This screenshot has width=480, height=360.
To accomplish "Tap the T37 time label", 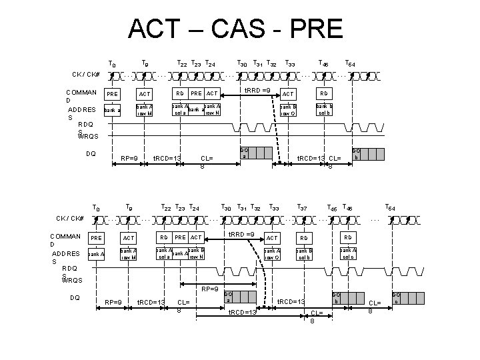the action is (x=301, y=207).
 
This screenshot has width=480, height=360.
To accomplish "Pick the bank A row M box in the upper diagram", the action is (x=145, y=109).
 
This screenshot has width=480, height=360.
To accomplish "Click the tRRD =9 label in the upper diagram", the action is (x=257, y=90).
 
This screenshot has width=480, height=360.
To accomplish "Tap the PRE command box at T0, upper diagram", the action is (x=113, y=94).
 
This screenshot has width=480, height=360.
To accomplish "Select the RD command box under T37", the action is (x=303, y=238).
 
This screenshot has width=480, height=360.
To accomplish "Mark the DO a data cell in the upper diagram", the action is (x=244, y=153).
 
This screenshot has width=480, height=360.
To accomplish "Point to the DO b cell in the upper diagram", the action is (x=357, y=153).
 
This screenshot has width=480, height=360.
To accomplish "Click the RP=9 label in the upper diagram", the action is (x=129, y=158).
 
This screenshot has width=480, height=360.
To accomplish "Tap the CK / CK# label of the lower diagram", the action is (x=70, y=218).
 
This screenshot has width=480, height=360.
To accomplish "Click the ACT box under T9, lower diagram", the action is (x=129, y=238).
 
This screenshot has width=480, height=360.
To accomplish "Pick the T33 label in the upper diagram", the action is (x=290, y=64).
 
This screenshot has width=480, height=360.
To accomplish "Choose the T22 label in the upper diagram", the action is (x=181, y=64).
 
